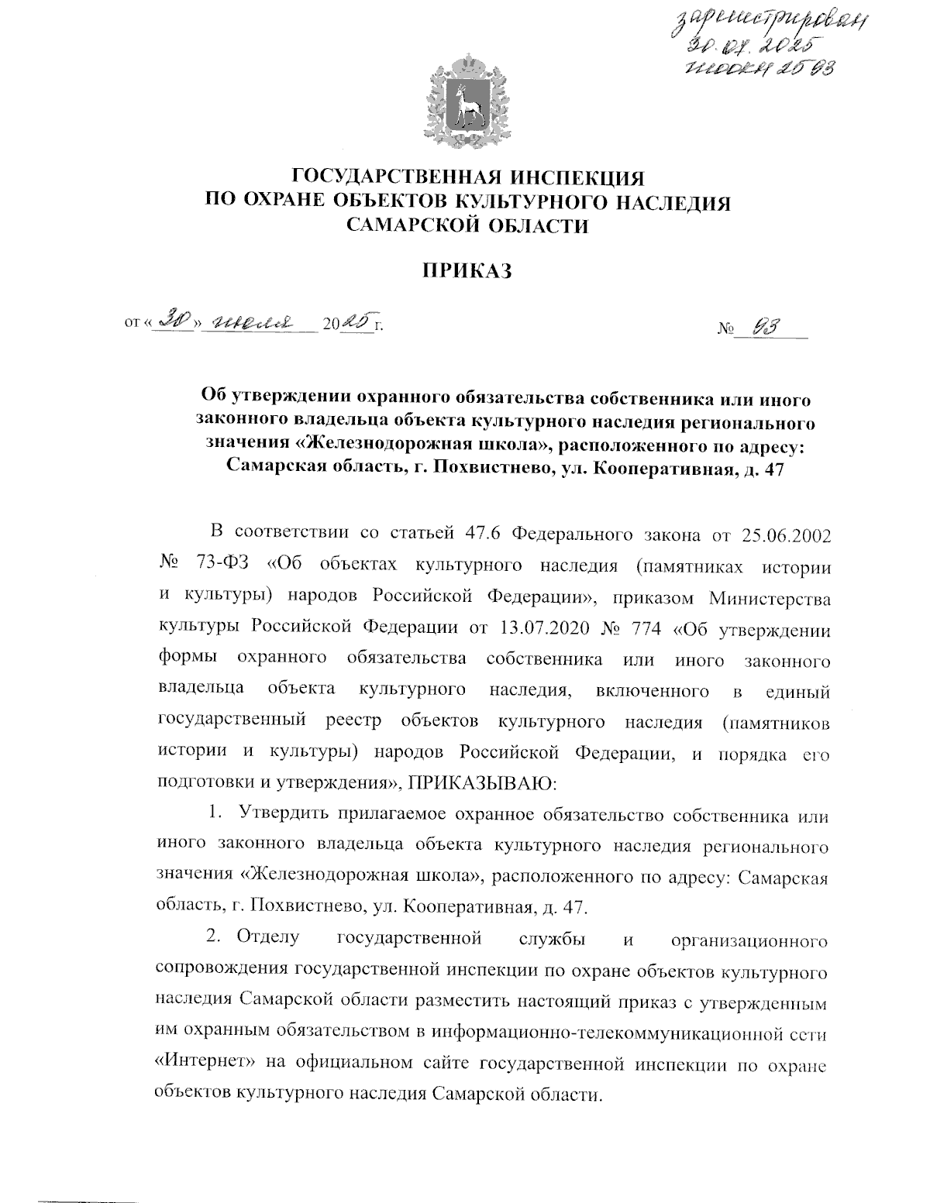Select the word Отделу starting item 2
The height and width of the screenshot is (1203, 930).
pos(268,940)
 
